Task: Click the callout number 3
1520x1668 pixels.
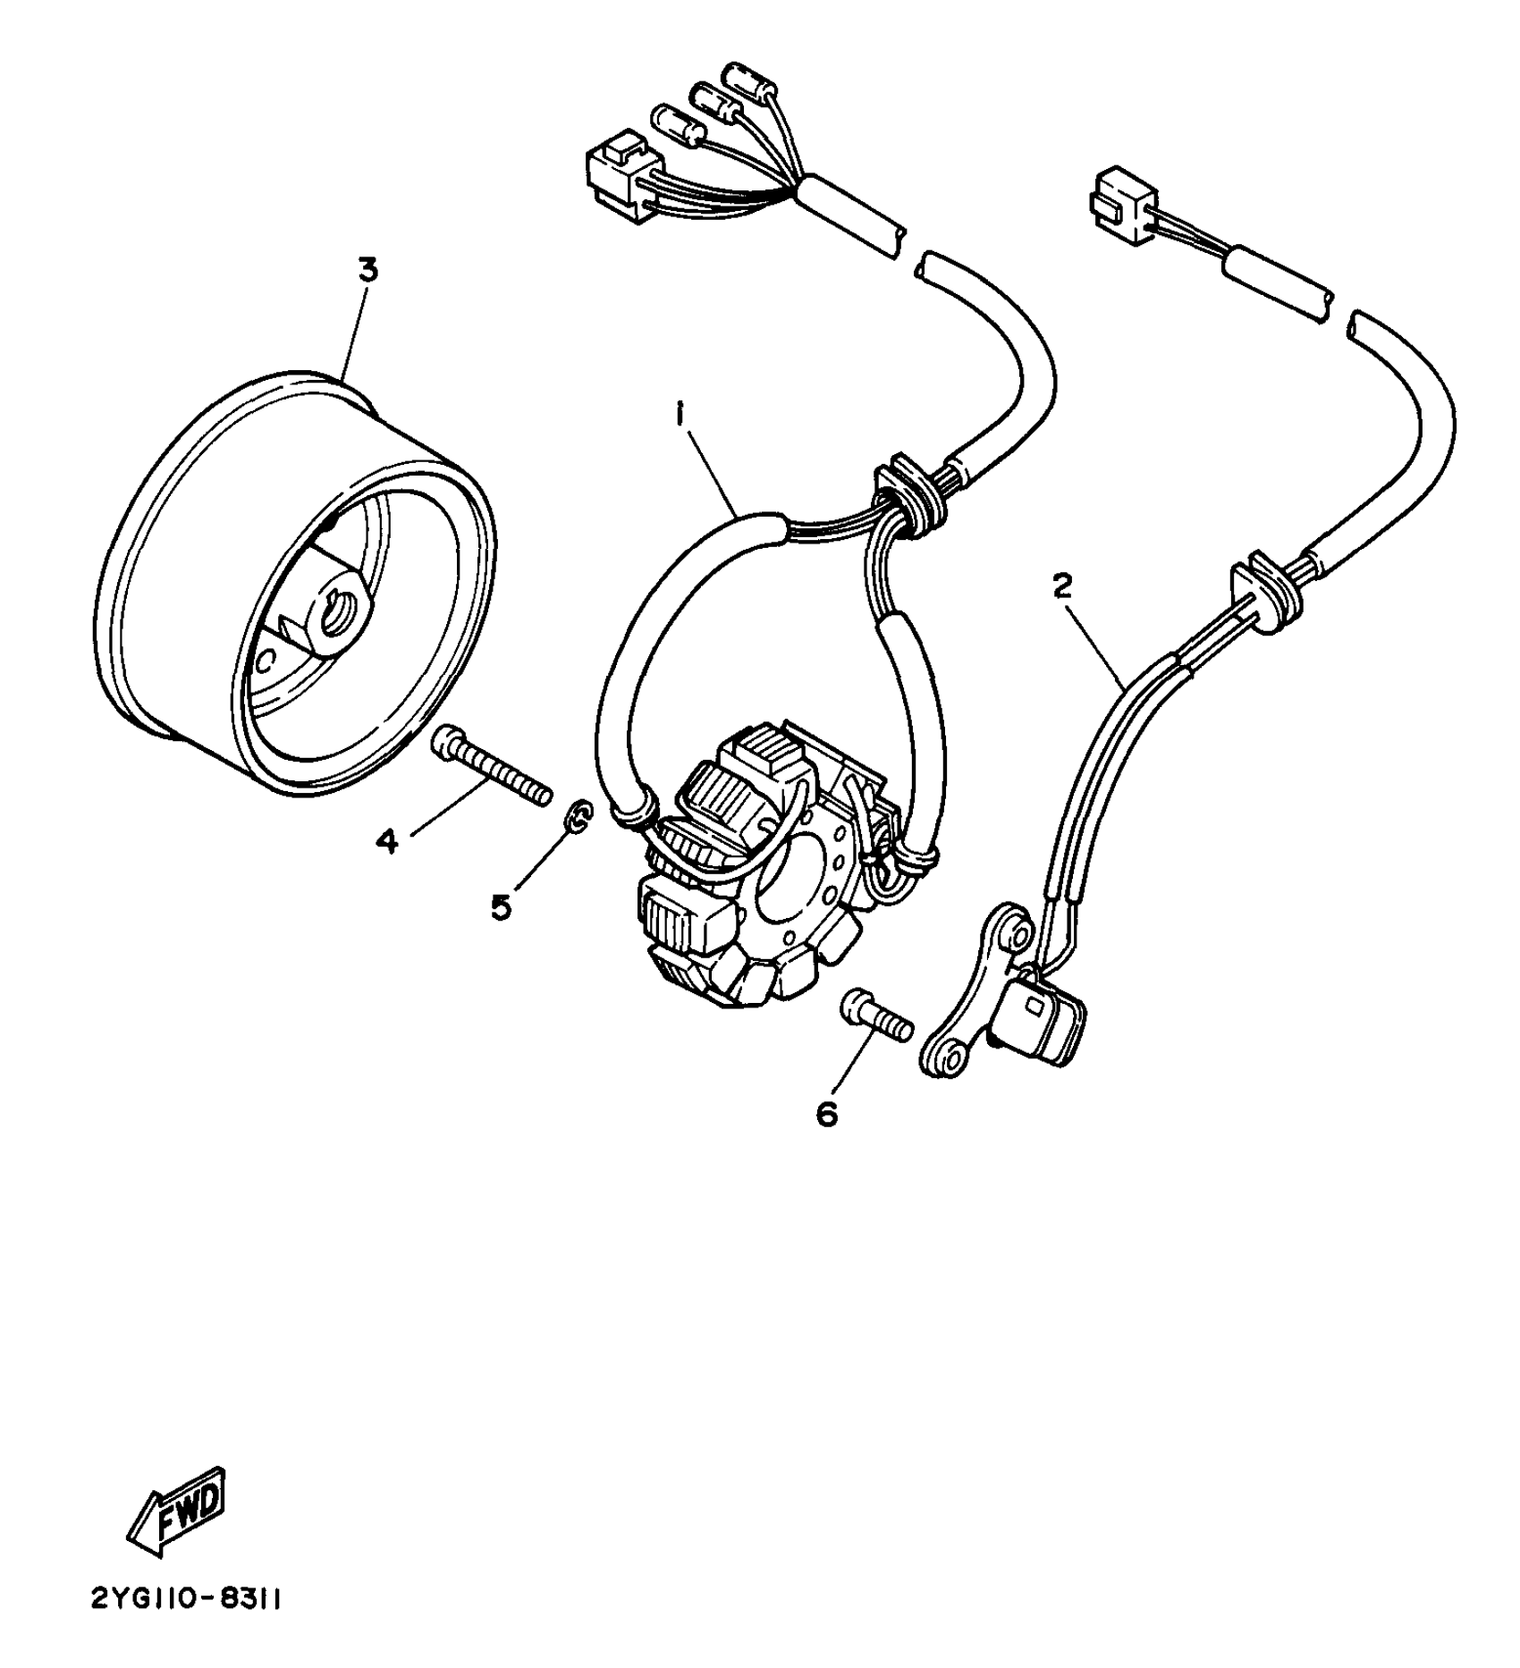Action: [368, 271]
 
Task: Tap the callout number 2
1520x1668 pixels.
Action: [1061, 586]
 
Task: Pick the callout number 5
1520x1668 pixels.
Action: [501, 906]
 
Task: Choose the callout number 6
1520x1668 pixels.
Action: [827, 1114]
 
